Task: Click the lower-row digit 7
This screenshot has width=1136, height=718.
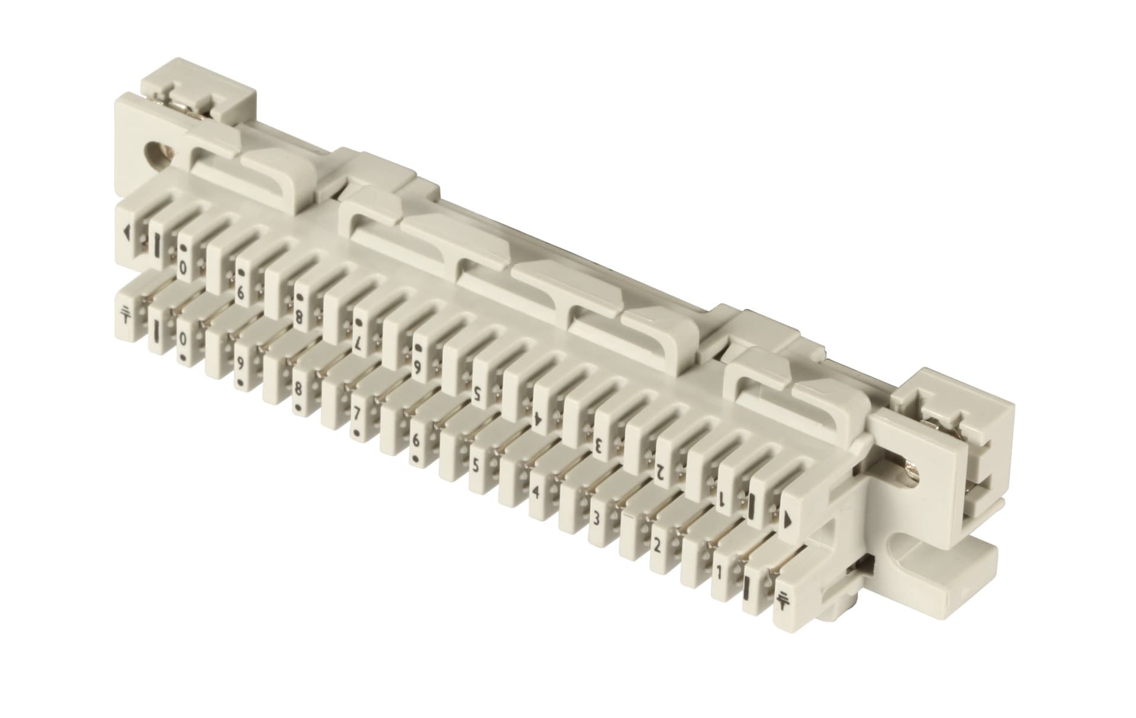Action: pos(356,427)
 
